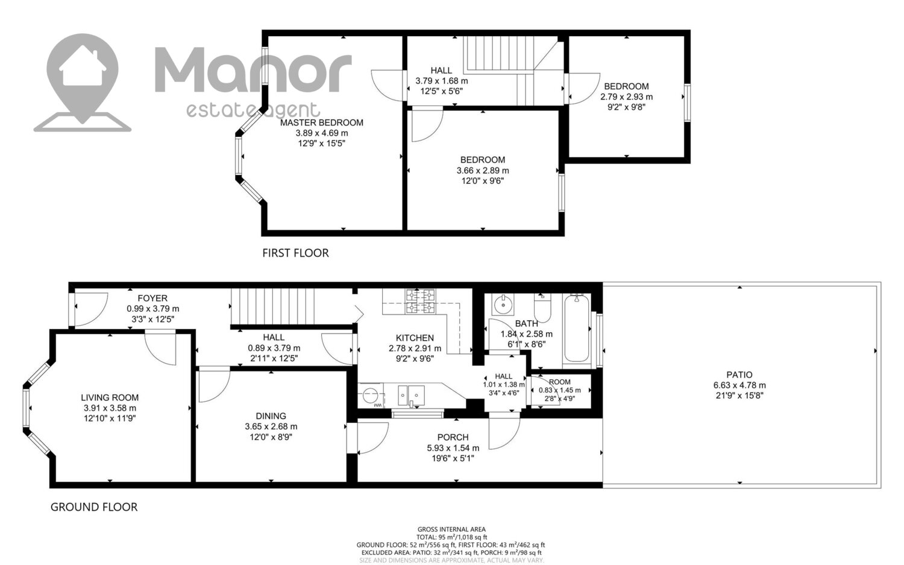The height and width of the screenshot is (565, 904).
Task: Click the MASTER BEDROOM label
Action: point(322,123)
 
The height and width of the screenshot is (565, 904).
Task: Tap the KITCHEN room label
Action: point(415,338)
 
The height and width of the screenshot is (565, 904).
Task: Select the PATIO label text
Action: point(739,375)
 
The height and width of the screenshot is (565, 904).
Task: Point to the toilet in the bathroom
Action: point(542,308)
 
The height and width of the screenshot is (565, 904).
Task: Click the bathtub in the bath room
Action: point(576,328)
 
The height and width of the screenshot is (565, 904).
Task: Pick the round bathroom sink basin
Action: point(503,304)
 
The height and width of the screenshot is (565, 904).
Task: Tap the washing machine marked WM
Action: point(371,396)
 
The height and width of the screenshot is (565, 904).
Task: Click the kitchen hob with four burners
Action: point(421,301)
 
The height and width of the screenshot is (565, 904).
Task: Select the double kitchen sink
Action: point(411,395)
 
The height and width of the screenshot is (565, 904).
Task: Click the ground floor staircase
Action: point(273,306)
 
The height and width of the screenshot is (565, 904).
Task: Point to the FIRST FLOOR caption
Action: point(295,253)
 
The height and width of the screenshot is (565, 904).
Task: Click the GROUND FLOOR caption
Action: point(94,507)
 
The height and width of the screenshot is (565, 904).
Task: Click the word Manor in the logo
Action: point(253,69)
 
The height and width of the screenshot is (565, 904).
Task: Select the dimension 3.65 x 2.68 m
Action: point(271,426)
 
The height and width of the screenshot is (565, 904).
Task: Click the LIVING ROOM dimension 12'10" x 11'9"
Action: point(109,418)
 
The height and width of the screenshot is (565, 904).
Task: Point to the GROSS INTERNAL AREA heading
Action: point(451,529)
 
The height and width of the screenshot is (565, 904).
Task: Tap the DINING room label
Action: point(271,416)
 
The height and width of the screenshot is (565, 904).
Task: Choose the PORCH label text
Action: point(453,437)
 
